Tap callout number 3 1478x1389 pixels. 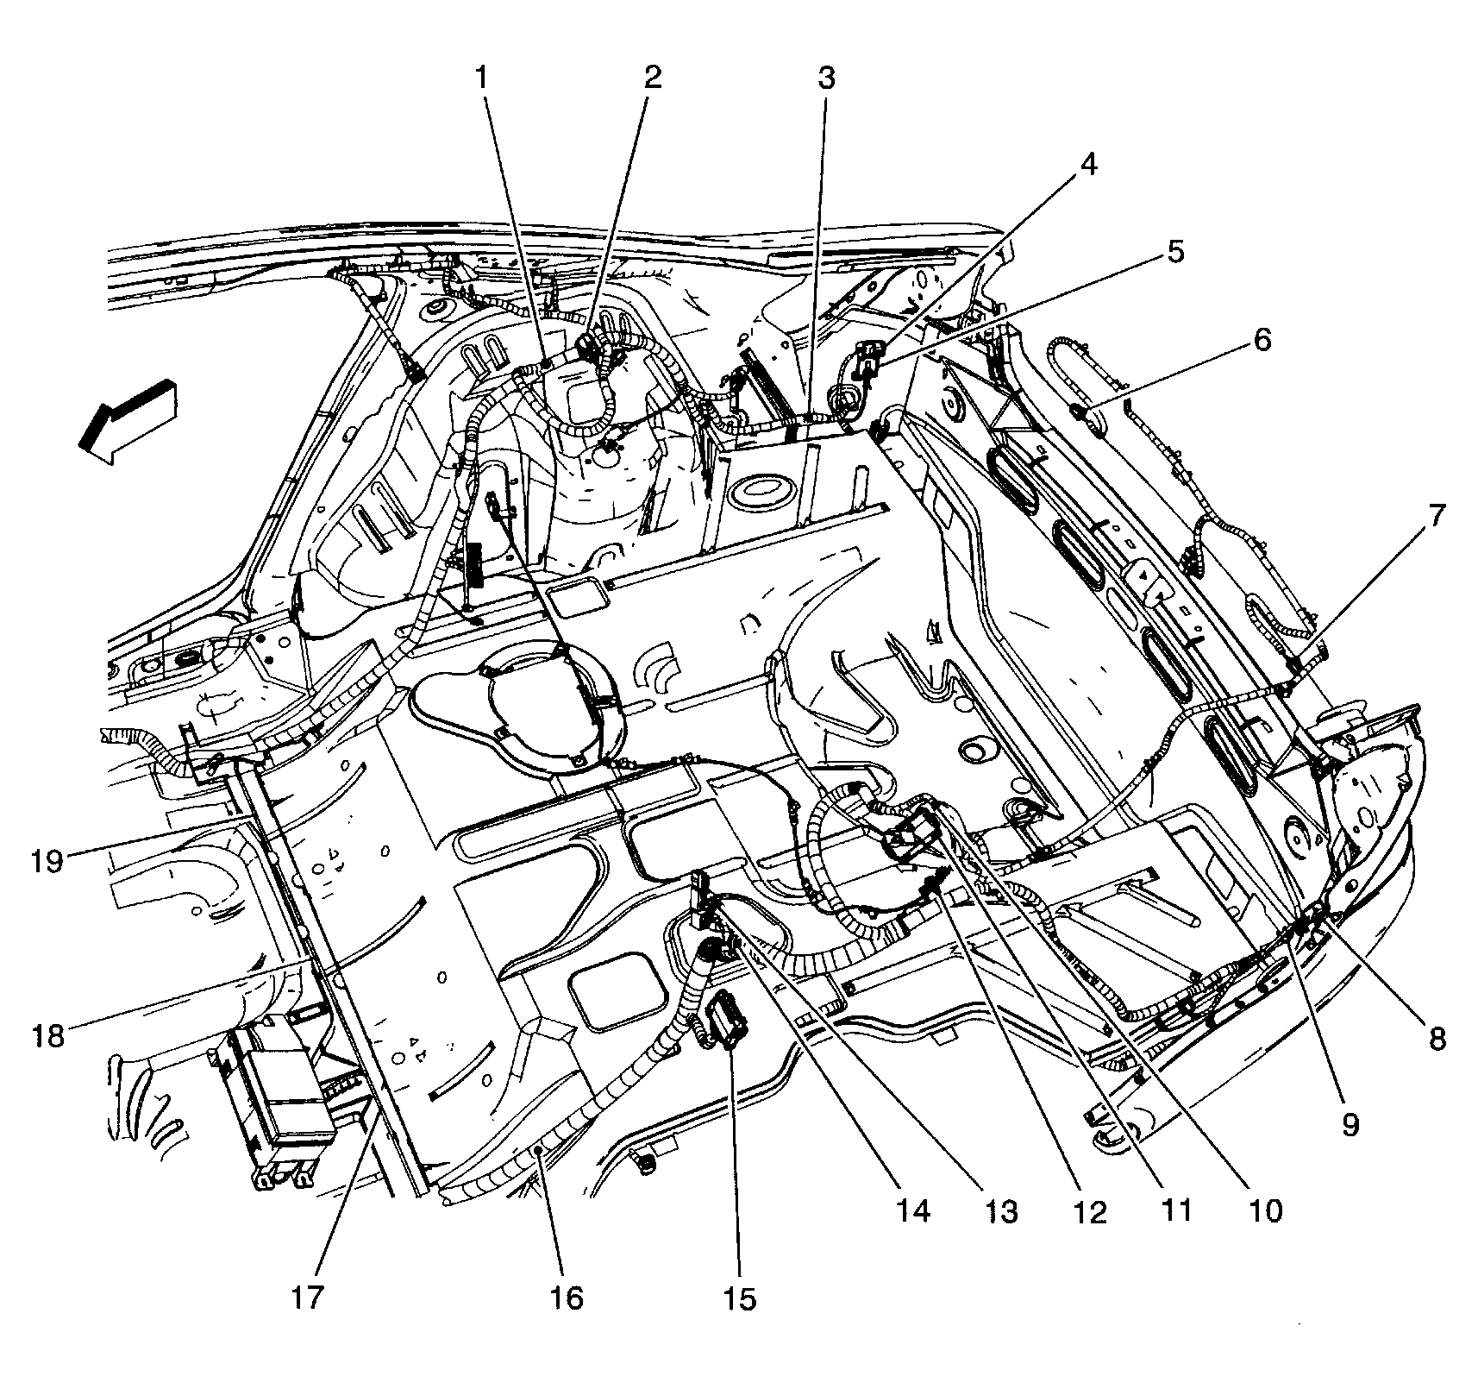826,79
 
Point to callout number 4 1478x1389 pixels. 1088,164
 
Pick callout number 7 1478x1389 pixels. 1435,517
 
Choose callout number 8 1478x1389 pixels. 1437,1040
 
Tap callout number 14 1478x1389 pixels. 913,1211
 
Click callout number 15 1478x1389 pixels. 740,1298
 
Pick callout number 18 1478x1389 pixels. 49,1034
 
